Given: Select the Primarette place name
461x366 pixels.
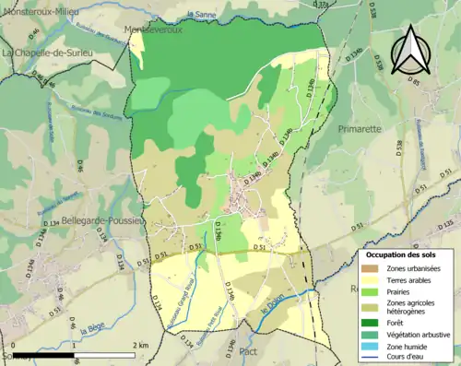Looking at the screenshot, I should coord(360,129).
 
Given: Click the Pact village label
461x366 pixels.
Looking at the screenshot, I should coord(248,351).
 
